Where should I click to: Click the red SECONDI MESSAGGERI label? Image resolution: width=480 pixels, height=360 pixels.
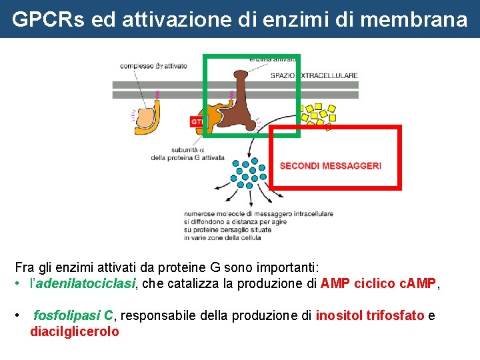(x=331, y=165)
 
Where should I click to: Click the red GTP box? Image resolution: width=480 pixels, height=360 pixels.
(x=198, y=122)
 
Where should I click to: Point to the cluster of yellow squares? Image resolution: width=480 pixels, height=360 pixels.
(x=318, y=115)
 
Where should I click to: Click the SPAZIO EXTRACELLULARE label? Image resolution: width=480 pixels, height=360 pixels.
(x=314, y=76)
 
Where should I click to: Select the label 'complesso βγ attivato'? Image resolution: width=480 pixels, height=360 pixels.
(x=153, y=66)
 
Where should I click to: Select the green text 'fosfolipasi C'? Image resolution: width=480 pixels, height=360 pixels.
(x=73, y=315)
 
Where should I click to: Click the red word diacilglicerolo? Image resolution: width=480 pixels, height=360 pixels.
(x=75, y=331)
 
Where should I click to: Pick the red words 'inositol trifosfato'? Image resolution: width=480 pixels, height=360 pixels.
(x=370, y=315)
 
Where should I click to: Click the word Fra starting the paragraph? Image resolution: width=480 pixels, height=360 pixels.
(x=25, y=268)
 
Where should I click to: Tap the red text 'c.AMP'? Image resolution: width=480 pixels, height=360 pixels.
(x=418, y=284)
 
